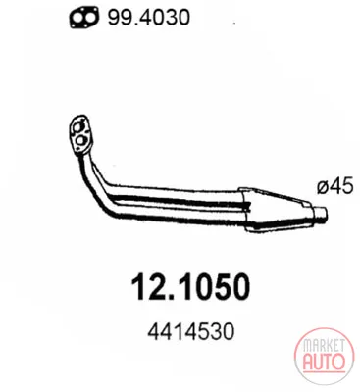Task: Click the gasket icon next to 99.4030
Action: click(83, 18)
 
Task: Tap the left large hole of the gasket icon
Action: click(78, 18)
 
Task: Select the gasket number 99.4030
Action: click(149, 17)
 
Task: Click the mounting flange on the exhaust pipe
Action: click(81, 135)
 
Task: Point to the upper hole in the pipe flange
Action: click(80, 126)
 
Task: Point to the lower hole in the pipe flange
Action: click(80, 141)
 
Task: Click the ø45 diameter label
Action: click(335, 187)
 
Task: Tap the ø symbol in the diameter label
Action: click(323, 188)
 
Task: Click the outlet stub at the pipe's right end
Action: click(320, 215)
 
